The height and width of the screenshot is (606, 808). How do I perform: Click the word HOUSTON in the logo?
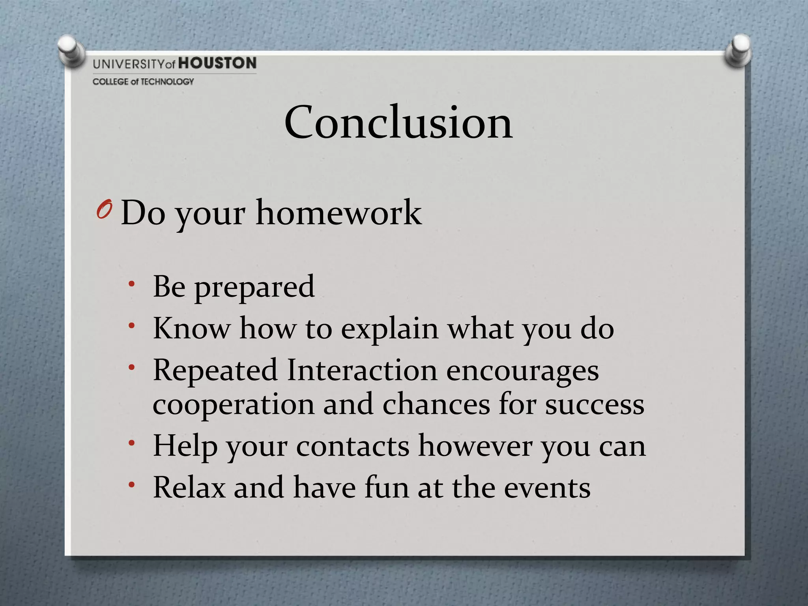[x=217, y=63]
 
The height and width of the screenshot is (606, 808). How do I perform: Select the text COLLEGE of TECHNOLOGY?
[x=143, y=82]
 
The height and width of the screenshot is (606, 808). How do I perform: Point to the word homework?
[x=339, y=213]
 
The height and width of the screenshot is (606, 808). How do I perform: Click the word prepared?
[x=254, y=287]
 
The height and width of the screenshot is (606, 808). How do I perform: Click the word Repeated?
[x=215, y=371]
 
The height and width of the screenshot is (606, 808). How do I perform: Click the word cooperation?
[x=234, y=405]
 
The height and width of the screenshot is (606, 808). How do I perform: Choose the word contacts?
[x=353, y=446]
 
